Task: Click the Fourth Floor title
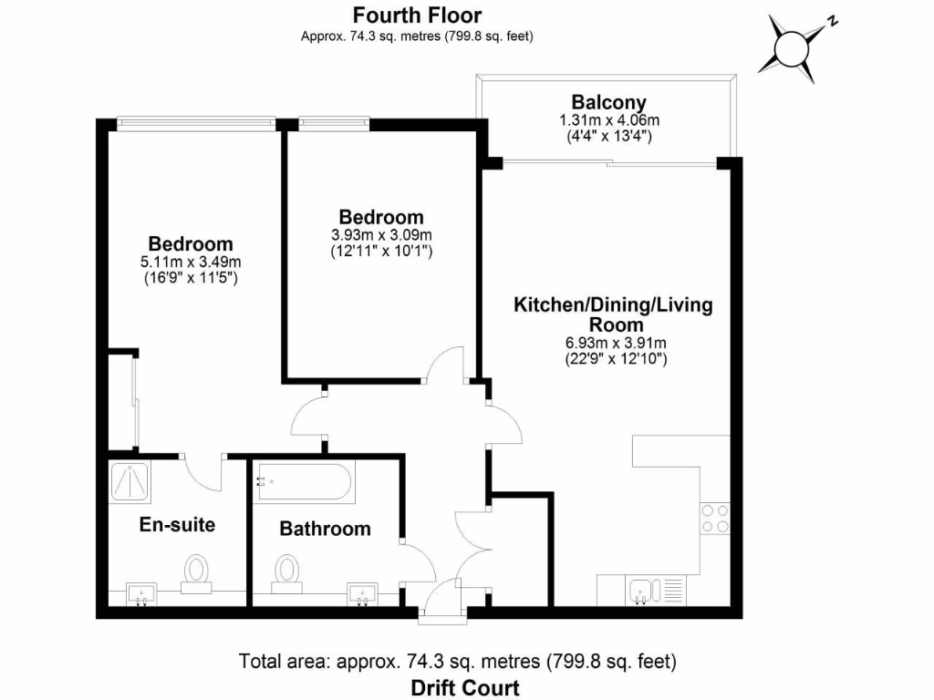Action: [417, 15]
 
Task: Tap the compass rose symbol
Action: [791, 46]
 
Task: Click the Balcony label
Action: [608, 102]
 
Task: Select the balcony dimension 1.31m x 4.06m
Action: [608, 119]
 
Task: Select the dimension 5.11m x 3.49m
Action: [191, 262]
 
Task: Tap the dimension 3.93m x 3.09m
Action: [380, 234]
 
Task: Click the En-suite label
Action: [177, 525]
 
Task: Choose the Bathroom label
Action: [325, 529]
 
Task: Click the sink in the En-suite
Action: [141, 595]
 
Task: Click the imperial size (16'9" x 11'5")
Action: [191, 278]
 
